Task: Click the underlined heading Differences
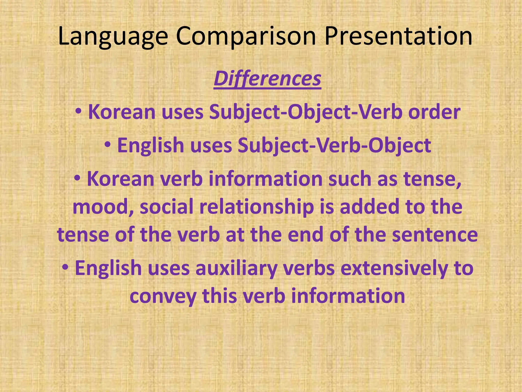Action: (x=267, y=79)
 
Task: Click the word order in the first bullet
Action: (x=434, y=112)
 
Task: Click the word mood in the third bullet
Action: (x=103, y=207)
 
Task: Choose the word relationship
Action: (x=256, y=207)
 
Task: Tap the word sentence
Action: (x=435, y=235)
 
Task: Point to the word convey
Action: (x=163, y=296)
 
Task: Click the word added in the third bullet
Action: (x=369, y=207)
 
